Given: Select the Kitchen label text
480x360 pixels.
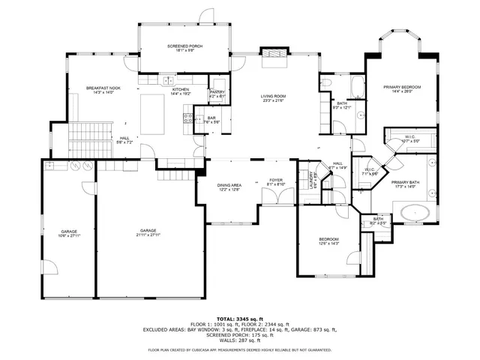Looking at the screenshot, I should click(x=181, y=90).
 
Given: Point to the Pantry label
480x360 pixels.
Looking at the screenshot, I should click(x=217, y=94).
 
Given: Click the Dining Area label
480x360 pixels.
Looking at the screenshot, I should click(x=229, y=187).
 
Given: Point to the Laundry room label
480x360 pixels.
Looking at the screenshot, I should click(x=310, y=181).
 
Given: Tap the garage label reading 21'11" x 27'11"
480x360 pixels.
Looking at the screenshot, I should click(x=148, y=232).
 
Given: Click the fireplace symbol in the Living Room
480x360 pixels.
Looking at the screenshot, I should click(x=274, y=55).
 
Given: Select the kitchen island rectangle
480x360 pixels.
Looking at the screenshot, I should click(x=151, y=113).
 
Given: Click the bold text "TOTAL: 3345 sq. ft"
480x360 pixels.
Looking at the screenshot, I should click(x=240, y=319).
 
